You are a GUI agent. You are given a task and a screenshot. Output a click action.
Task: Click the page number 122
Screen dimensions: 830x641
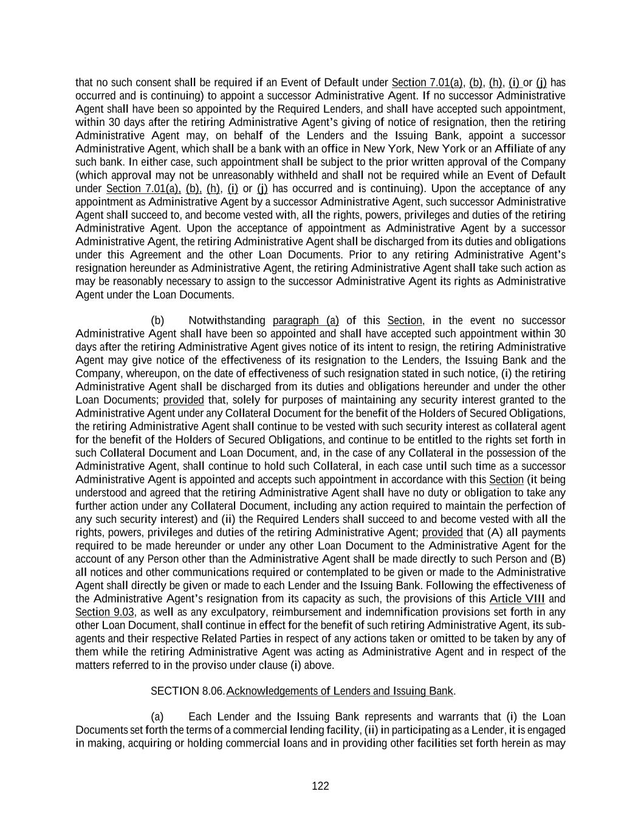(x=320, y=786)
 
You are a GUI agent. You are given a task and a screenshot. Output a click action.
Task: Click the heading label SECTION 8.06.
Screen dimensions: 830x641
(x=187, y=691)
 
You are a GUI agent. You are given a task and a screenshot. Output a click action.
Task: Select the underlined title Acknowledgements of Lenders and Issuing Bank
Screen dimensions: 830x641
(x=340, y=691)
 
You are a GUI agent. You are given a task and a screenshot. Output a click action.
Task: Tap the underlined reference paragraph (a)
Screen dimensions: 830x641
(x=306, y=320)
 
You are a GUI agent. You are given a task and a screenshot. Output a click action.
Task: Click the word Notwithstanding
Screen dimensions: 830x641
(x=227, y=320)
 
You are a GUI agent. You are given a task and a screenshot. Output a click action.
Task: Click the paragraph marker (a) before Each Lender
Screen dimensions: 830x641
(x=157, y=716)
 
